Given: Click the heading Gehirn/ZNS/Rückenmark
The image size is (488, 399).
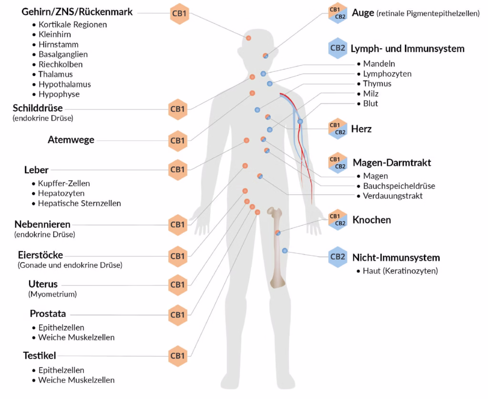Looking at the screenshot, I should [77, 12].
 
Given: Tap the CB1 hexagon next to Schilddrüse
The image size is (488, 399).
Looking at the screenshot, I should [177, 109].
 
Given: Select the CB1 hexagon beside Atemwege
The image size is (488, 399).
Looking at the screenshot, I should [177, 141].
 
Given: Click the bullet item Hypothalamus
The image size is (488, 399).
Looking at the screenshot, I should [64, 84].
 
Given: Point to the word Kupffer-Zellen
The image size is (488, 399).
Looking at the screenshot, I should [64, 183].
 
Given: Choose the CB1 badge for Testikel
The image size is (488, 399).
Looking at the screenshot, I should [177, 356].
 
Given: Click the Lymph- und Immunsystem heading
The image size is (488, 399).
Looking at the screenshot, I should [407, 49].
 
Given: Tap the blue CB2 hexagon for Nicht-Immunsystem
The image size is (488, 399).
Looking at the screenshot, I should [337, 257].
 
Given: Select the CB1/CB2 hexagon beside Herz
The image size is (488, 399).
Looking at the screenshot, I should [337, 129].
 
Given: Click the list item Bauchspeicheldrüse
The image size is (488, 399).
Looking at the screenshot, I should [398, 186].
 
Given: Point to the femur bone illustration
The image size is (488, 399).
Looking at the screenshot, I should [277, 248].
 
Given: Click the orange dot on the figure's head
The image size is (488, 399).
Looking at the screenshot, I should [248, 38].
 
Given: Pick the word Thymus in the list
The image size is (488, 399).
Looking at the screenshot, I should [377, 84].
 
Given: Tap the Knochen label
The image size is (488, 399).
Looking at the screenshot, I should [372, 220].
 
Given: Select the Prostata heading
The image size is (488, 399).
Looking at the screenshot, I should [48, 314].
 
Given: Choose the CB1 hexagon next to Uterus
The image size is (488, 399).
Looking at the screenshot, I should [177, 285].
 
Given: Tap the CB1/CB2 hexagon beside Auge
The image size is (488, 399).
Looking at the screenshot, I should [337, 13].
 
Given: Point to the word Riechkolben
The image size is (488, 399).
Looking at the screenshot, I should [61, 64].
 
